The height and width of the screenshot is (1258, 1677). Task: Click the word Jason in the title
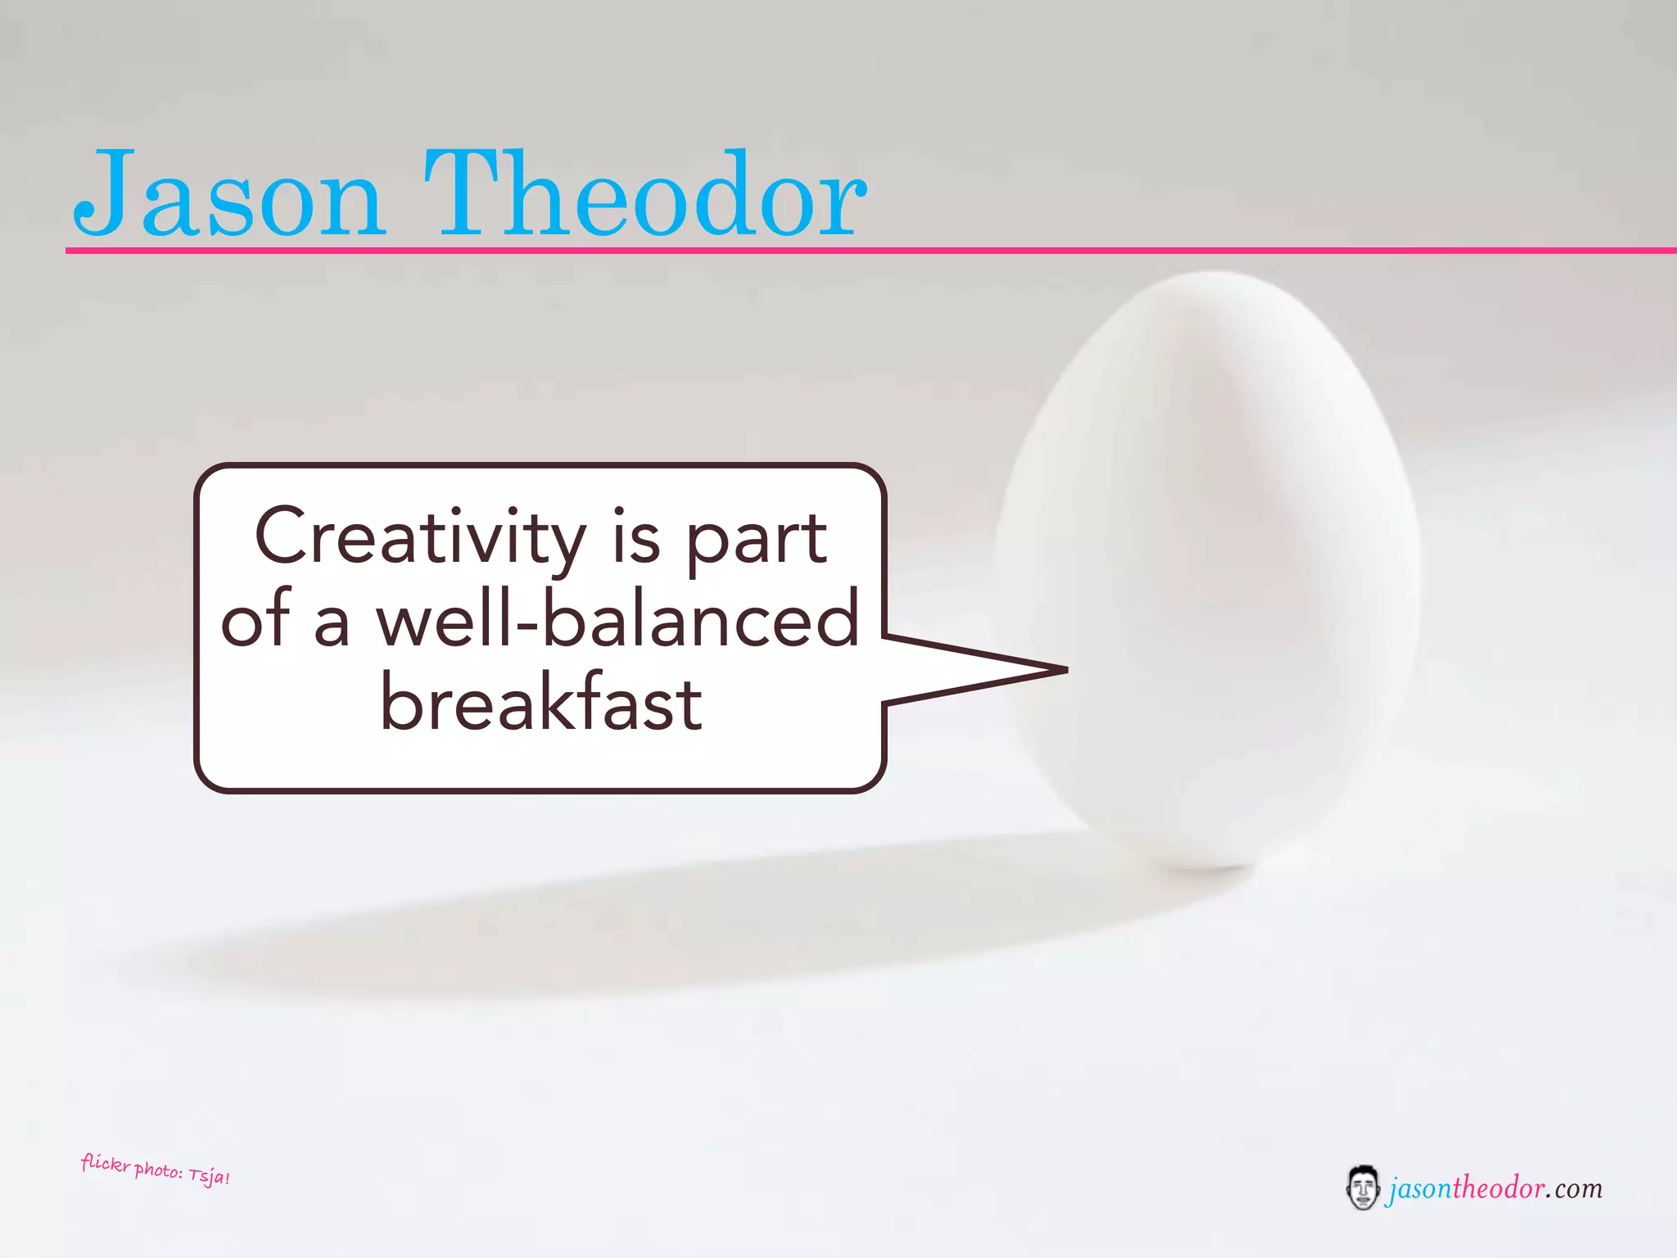pyautogui.click(x=229, y=195)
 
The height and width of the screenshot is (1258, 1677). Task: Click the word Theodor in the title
pyautogui.click(x=645, y=195)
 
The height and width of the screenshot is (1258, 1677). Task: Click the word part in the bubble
pyautogui.click(x=755, y=538)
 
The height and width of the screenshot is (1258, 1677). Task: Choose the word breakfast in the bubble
pyautogui.click(x=541, y=704)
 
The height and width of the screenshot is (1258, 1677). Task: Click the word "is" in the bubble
pyautogui.click(x=636, y=538)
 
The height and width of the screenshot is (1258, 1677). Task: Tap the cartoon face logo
pyautogui.click(x=1363, y=1188)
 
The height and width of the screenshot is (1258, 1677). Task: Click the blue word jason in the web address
pyautogui.click(x=1419, y=1188)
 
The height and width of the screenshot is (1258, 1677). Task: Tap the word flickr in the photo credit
pyautogui.click(x=106, y=1163)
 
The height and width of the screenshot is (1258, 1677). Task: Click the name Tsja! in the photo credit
pyautogui.click(x=209, y=1178)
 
